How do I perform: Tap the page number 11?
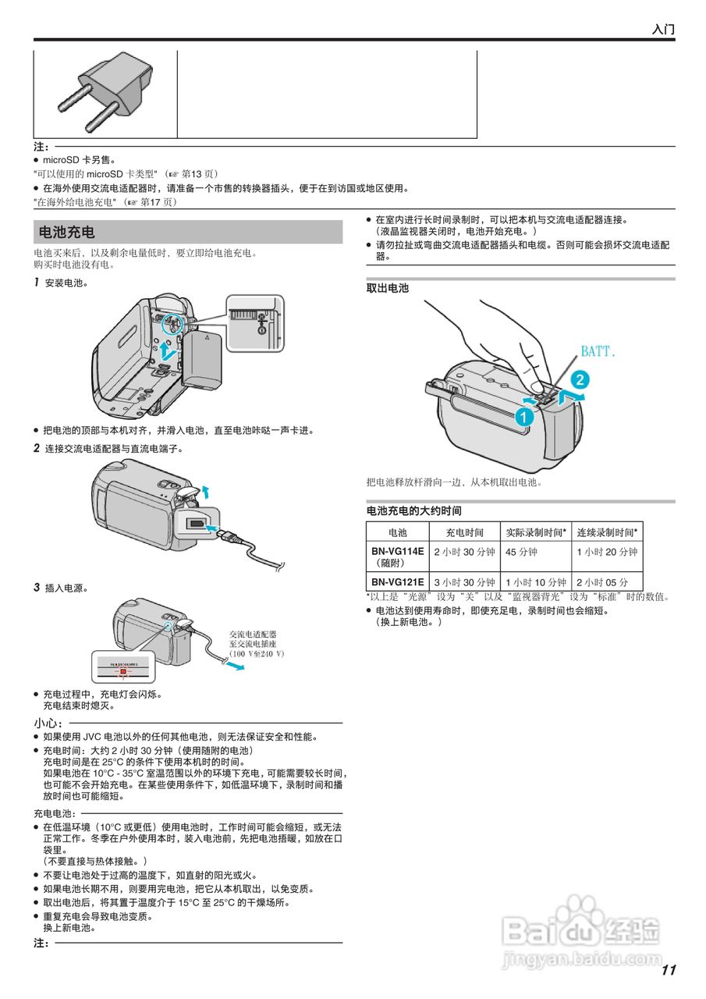668,970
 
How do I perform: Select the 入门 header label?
663,30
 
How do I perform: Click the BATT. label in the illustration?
598,352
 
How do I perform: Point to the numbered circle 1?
523,417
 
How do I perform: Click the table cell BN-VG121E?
397,582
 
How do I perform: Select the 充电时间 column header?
464,532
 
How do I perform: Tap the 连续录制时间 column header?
608,532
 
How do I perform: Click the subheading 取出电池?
388,288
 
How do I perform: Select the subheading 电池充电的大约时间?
414,510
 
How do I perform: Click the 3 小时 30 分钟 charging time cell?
464,582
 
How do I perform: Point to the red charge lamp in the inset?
122,670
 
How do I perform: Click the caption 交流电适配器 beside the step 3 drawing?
253,635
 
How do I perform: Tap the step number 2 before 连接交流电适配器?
37,448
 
